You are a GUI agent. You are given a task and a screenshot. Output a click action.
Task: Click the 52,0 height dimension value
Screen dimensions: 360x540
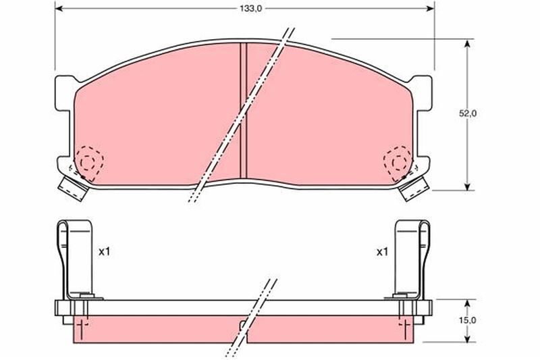[x=468, y=114]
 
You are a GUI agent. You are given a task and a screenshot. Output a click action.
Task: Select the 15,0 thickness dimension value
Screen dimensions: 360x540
[x=468, y=322]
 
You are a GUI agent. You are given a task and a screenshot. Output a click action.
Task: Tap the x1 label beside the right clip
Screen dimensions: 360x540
[x=382, y=252]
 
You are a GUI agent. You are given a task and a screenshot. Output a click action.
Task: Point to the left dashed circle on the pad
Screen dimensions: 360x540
[x=88, y=160]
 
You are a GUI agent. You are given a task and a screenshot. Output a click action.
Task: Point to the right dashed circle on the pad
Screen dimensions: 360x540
[x=396, y=160]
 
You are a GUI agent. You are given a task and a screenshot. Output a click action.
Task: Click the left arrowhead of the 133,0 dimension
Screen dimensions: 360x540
[x=58, y=9]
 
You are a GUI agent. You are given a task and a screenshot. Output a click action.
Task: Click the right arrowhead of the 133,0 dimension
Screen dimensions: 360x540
[x=430, y=9]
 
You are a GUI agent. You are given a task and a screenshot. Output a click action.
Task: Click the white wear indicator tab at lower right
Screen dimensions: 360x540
[x=413, y=187]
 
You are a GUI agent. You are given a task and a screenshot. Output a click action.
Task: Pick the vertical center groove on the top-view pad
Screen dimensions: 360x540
[x=243, y=108]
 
